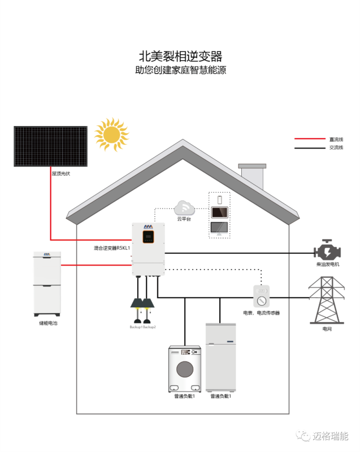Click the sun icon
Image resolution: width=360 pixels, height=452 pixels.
coord(111,134)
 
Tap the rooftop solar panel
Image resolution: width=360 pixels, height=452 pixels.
coord(51,146)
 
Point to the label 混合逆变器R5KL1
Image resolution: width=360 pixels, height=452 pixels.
coord(112,247)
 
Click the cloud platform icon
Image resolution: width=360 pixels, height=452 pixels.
coord(185,208)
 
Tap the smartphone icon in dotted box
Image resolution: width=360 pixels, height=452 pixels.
coord(219,199)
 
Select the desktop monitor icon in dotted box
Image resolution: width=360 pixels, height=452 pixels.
coord(219,228)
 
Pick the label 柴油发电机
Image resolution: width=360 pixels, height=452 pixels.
coord(328,264)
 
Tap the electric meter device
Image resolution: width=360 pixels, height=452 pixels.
coord(261,295)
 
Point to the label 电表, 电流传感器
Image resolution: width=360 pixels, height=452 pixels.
coord(261,312)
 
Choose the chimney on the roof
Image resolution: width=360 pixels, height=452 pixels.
coord(251,176)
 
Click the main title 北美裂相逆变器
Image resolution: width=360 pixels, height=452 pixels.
coord(180,56)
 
